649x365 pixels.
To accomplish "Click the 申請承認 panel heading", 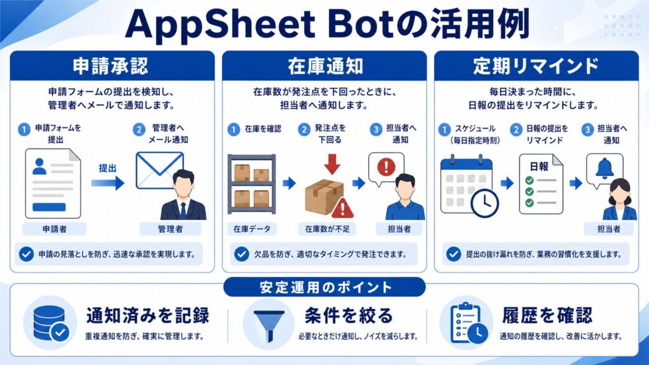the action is (x=110, y=66).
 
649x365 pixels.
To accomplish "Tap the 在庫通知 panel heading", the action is (x=325, y=66).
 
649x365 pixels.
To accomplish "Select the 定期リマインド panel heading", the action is (x=536, y=66).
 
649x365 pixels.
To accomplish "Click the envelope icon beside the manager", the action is (x=160, y=170).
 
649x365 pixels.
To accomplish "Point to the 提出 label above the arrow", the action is (x=108, y=168).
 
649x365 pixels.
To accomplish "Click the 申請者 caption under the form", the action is (x=55, y=229).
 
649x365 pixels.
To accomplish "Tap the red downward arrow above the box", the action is (x=332, y=164).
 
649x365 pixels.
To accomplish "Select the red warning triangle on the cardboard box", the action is (x=342, y=208).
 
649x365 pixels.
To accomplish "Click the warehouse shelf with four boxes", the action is (x=252, y=184).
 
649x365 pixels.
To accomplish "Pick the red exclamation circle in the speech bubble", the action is (x=386, y=167).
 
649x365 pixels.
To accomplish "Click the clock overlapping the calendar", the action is (x=485, y=203).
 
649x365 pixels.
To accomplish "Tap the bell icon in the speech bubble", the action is (x=604, y=169).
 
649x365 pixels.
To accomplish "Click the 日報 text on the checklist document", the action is (x=539, y=167).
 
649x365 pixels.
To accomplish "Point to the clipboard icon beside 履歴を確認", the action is (x=468, y=323).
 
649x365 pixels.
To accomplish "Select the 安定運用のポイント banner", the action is (x=324, y=287).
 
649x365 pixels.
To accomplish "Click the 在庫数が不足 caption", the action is (x=328, y=229).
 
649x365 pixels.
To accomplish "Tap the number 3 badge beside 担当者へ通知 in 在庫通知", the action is (x=376, y=129).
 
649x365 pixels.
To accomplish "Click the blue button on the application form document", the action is (x=49, y=207).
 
